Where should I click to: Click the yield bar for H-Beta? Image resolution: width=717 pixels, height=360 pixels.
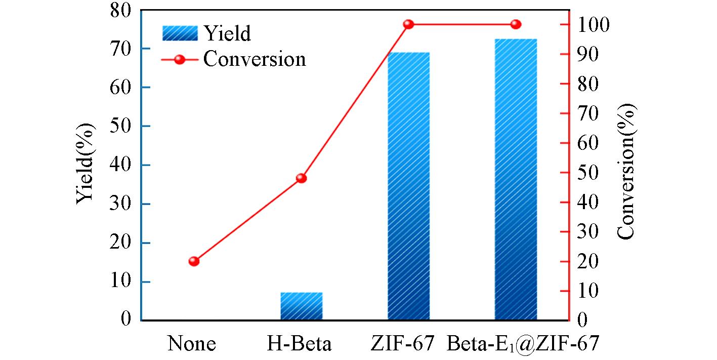pyautogui.click(x=302, y=306)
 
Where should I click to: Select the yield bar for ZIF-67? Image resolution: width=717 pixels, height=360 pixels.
pyautogui.click(x=409, y=186)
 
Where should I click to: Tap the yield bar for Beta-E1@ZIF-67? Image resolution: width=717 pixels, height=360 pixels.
pyautogui.click(x=516, y=179)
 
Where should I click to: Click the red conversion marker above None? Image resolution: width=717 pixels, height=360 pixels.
pyautogui.click(x=194, y=261)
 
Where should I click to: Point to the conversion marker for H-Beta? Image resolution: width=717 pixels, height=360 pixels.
pyautogui.click(x=302, y=178)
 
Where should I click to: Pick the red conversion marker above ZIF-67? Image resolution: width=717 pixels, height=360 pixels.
pyautogui.click(x=409, y=24)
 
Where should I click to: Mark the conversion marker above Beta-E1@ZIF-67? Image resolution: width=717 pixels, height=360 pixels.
pyautogui.click(x=516, y=24)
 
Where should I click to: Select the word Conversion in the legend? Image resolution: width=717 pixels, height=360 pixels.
pyautogui.click(x=255, y=59)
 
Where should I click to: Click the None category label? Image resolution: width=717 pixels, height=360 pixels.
pyautogui.click(x=192, y=344)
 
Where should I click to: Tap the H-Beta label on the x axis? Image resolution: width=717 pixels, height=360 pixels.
pyautogui.click(x=299, y=344)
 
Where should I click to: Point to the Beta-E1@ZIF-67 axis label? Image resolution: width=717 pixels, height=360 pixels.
pyautogui.click(x=523, y=345)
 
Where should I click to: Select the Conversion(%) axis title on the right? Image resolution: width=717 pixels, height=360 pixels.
pyautogui.click(x=626, y=171)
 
